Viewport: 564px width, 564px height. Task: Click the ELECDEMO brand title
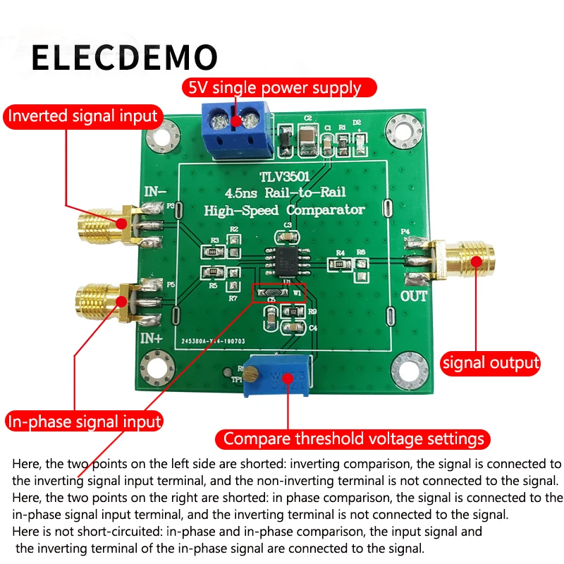[x=125, y=57]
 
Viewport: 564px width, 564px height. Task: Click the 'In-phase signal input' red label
[x=84, y=422]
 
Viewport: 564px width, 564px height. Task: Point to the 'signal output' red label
[x=490, y=363]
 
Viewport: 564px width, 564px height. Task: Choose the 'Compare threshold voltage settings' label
[x=354, y=439]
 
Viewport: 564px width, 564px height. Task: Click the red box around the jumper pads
[x=279, y=292]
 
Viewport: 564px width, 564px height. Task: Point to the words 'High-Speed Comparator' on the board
[x=284, y=209]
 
